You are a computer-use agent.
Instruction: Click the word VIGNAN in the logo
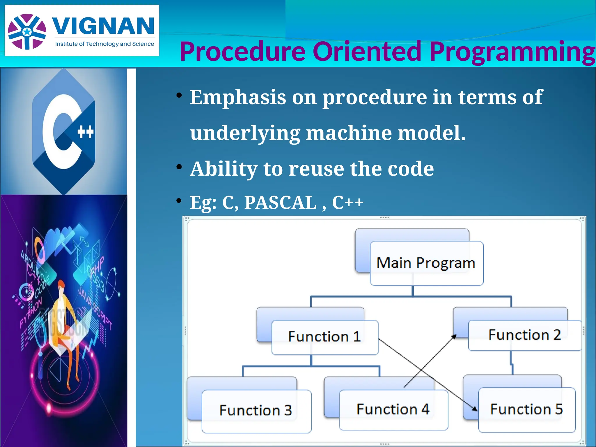pos(103,26)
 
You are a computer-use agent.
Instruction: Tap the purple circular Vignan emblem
pos(27,31)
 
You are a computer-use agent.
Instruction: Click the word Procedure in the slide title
pos(242,52)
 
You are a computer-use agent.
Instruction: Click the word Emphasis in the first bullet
pos(238,97)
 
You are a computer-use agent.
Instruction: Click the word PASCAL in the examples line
pos(280,202)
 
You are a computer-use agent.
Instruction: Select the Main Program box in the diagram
pos(426,263)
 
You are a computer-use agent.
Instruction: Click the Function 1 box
pos(324,337)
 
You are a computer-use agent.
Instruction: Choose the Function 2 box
pos(524,335)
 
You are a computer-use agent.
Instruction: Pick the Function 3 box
pos(256,410)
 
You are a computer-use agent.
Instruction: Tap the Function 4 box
pos(393,409)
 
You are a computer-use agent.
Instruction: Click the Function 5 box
pos(526,409)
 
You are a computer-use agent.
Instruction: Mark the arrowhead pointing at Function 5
pos(475,409)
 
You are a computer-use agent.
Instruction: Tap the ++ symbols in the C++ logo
pos(86,132)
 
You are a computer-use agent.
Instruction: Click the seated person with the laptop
pos(65,326)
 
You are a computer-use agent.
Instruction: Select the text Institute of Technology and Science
pos(104,44)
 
